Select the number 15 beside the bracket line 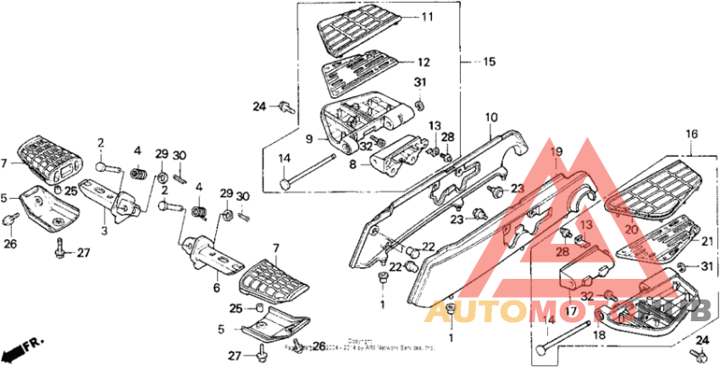(x=489, y=62)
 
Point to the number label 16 (x=691, y=135)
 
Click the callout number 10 (x=491, y=118)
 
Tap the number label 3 (x=103, y=231)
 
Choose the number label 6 (x=216, y=288)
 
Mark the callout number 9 (x=307, y=139)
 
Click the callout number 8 (x=352, y=165)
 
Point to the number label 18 (x=598, y=335)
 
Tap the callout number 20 (x=629, y=230)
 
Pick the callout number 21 (x=706, y=241)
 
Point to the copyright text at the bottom (x=360, y=344)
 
